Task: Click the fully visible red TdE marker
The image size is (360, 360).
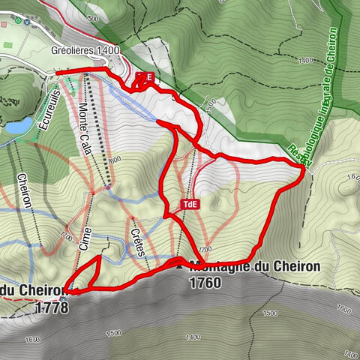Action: coord(190,203)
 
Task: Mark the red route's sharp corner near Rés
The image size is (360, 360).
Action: coord(304,170)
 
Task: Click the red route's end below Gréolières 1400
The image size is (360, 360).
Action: coord(57,72)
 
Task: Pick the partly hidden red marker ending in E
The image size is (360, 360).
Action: coord(145,77)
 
